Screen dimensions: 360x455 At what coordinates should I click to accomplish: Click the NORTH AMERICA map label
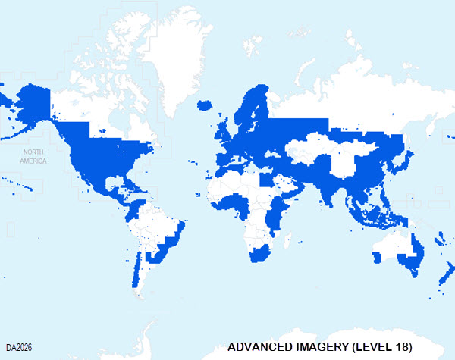[x=33, y=157]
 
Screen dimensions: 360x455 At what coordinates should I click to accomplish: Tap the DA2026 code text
[x=20, y=348]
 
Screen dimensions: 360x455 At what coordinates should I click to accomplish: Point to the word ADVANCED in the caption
[x=258, y=347]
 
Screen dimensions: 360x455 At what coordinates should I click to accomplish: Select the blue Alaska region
[x=30, y=106]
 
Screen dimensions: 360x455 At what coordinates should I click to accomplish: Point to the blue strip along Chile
[x=136, y=265]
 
